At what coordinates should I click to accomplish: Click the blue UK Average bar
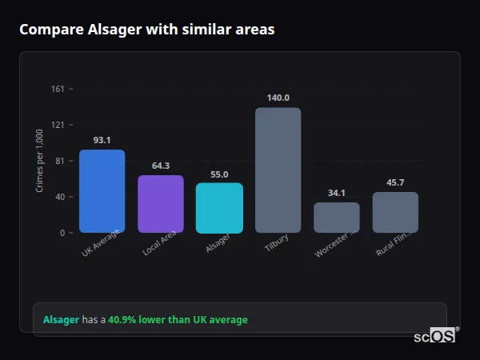pyautogui.click(x=102, y=191)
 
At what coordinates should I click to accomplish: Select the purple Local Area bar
pyautogui.click(x=161, y=204)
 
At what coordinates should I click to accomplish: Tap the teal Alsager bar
pyautogui.click(x=219, y=208)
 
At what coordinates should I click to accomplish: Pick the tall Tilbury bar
pyautogui.click(x=278, y=170)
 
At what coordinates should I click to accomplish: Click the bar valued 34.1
pyautogui.click(x=337, y=217)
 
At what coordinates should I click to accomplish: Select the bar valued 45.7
pyautogui.click(x=395, y=212)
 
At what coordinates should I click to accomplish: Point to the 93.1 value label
pyautogui.click(x=102, y=140)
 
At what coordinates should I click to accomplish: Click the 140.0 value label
pyautogui.click(x=278, y=98)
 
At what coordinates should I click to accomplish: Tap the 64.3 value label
pyautogui.click(x=161, y=166)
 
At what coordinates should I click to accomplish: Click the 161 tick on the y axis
pyautogui.click(x=58, y=89)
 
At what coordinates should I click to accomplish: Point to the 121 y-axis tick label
pyautogui.click(x=58, y=125)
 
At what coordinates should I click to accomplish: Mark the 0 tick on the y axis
pyautogui.click(x=62, y=233)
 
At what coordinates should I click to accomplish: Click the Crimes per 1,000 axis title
pyautogui.click(x=40, y=161)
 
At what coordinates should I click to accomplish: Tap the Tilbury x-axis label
pyautogui.click(x=276, y=244)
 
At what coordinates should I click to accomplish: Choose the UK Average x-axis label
pyautogui.click(x=100, y=243)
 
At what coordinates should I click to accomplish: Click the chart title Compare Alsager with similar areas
pyautogui.click(x=146, y=30)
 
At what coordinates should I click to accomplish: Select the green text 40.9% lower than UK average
pyautogui.click(x=178, y=320)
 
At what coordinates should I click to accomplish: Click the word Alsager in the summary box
pyautogui.click(x=61, y=320)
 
